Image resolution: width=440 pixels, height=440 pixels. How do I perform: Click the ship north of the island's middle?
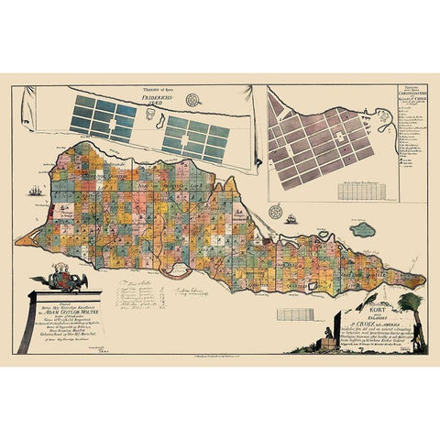[291, 219]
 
